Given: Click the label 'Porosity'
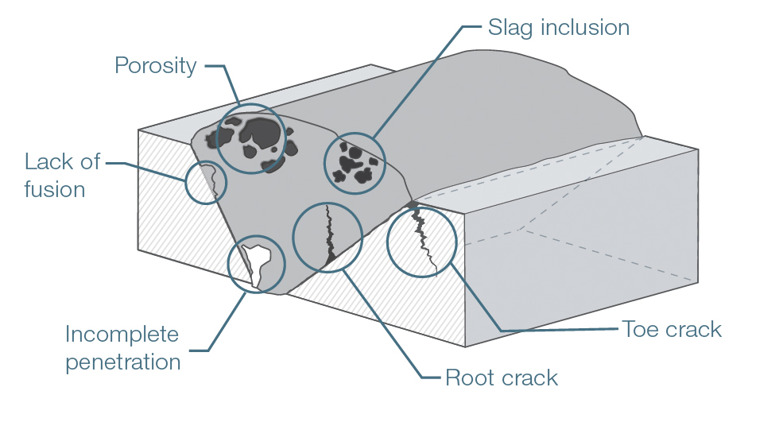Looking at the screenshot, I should click(x=155, y=65).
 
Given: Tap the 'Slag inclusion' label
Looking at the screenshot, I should click(x=557, y=28).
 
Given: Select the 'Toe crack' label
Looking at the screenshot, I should click(x=672, y=329).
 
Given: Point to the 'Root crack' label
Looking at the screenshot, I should click(x=501, y=377).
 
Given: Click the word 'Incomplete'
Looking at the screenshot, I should click(x=122, y=334).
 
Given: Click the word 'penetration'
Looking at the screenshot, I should click(x=122, y=362).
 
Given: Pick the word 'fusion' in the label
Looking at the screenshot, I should click(x=54, y=190).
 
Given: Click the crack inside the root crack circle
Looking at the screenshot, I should click(x=328, y=235).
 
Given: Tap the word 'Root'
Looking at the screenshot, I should click(x=470, y=377).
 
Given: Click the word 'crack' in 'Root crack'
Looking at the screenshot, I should click(x=529, y=377).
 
